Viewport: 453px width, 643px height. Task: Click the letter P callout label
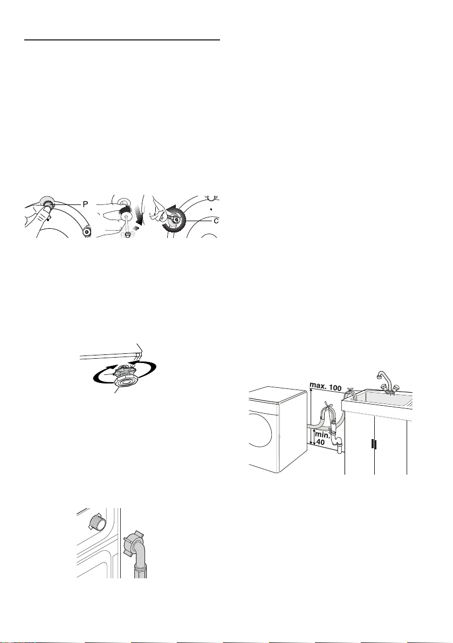click(85, 204)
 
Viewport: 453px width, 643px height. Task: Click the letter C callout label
click(216, 221)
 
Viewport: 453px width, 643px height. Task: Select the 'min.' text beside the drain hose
click(323, 435)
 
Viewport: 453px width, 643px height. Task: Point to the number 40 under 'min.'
click(320, 442)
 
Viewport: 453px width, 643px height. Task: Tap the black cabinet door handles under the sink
click(374, 445)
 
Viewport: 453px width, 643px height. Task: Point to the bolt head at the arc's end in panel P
click(86, 232)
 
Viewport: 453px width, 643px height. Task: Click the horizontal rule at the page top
click(122, 40)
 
